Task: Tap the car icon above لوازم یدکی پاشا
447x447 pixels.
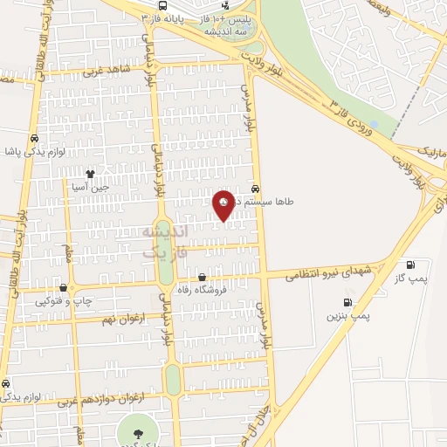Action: [34, 138]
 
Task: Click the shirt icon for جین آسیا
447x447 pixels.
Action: [90, 173]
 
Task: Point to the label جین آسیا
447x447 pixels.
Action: [90, 186]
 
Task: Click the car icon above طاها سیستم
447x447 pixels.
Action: [255, 188]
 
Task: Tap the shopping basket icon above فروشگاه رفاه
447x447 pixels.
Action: [203, 277]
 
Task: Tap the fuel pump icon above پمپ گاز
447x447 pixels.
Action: [411, 265]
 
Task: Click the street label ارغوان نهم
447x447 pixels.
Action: [117, 320]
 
